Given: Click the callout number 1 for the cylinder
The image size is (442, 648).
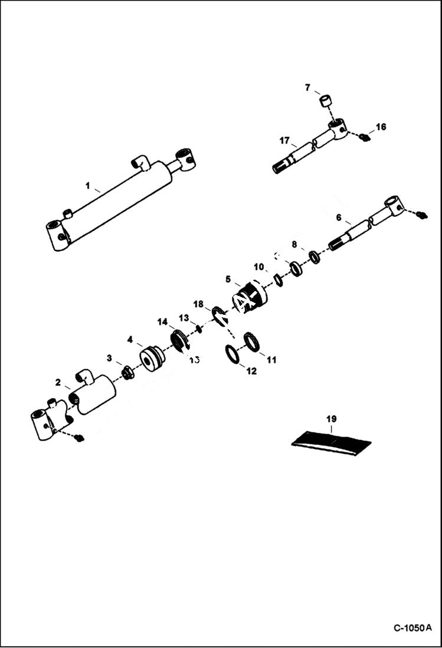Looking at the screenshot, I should (x=87, y=187).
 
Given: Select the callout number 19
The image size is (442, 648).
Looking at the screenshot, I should (x=331, y=419).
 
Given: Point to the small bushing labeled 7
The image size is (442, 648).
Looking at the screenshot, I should (x=326, y=100).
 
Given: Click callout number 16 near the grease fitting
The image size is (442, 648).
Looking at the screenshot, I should (x=381, y=126).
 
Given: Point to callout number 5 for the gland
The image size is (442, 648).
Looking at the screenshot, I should (x=228, y=279).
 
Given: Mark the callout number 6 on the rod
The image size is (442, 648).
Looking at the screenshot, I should (x=339, y=217).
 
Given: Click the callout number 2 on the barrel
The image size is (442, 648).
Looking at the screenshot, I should (x=58, y=383).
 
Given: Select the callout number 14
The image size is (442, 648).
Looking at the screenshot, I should (x=162, y=321).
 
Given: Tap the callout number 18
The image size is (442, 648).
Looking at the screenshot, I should (x=199, y=304).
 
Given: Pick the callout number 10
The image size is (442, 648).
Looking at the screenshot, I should (x=258, y=267).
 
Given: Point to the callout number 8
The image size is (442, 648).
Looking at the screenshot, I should (x=294, y=243).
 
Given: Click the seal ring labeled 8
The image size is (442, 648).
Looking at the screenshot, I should (x=315, y=257).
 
